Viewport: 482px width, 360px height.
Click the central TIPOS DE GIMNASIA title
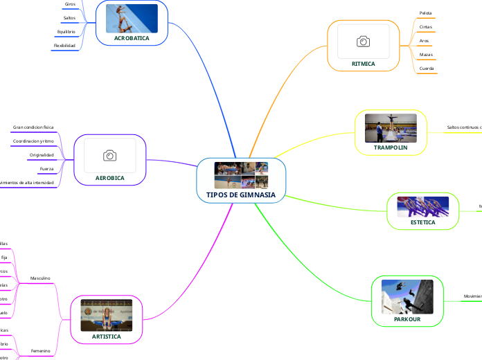tap(241, 195)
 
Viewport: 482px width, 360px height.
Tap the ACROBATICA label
tap(132, 39)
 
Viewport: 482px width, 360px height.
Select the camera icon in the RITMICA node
tap(363, 42)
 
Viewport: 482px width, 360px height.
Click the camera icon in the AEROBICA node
tap(109, 156)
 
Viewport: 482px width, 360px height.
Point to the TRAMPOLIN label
tap(391, 148)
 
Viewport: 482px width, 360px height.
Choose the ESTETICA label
tap(422, 223)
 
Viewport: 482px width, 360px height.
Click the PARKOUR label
tap(407, 319)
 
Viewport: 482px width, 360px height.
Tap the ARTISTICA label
tap(106, 336)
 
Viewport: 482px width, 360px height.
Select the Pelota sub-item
tap(425, 13)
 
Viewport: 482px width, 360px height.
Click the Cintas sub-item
tap(425, 27)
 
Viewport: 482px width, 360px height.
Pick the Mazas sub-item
tap(426, 55)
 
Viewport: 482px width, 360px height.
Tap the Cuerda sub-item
tap(427, 69)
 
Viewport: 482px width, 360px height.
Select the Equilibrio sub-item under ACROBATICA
tap(66, 32)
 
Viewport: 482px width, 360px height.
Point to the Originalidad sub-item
tap(42, 154)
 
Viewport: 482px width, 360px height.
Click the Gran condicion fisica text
tap(33, 127)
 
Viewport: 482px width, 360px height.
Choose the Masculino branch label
tap(40, 278)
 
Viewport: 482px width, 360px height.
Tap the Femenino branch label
tap(40, 351)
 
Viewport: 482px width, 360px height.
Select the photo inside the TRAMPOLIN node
tap(391, 128)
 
